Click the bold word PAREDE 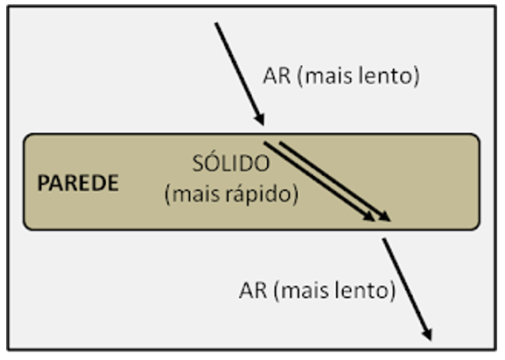point(78,183)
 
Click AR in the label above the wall point(277,76)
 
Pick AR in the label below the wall point(253,291)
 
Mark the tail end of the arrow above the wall point(216,23)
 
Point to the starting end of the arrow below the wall point(383,239)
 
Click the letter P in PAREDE point(43,183)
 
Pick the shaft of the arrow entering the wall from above point(240,74)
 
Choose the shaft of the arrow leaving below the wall point(407,289)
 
